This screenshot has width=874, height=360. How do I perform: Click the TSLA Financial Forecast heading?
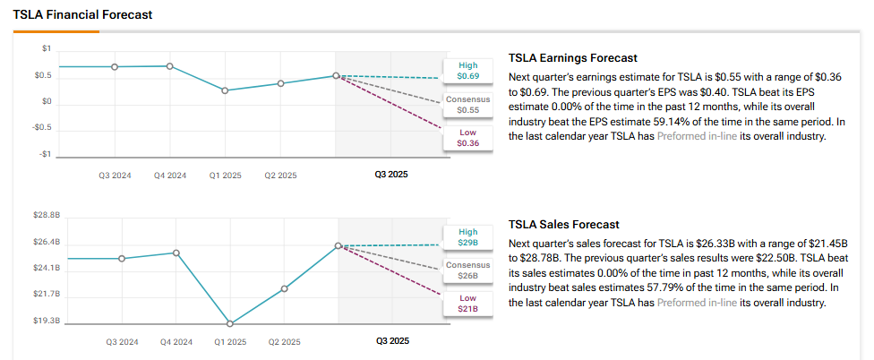(x=82, y=15)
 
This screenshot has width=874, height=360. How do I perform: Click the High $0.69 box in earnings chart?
(x=467, y=71)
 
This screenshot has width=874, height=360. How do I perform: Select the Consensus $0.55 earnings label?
(x=467, y=104)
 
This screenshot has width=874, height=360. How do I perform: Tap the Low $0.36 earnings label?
(x=467, y=137)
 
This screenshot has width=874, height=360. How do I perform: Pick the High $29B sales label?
(x=468, y=237)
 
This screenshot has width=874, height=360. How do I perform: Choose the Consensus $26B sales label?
(x=468, y=270)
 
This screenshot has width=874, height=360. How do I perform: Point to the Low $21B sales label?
(x=468, y=303)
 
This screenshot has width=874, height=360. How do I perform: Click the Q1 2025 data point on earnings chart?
(x=225, y=90)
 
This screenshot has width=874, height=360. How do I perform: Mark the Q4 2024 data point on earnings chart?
(x=170, y=66)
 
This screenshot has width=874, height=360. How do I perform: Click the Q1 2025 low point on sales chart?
(x=230, y=323)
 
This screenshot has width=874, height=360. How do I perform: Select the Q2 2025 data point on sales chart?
(x=284, y=288)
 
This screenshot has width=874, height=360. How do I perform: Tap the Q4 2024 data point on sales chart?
(x=176, y=253)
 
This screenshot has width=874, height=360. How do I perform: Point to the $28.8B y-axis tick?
(x=46, y=216)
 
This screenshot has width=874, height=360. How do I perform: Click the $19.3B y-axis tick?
(x=46, y=320)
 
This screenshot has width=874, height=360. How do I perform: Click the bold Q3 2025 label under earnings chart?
(x=391, y=175)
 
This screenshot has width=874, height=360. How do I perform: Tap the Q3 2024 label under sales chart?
(x=122, y=341)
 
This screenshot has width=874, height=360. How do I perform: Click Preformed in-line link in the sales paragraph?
(x=697, y=303)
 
